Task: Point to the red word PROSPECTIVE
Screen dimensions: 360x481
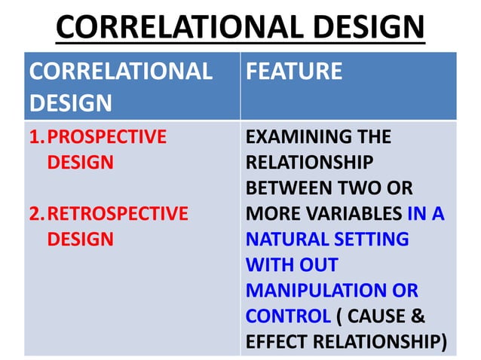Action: point(106,136)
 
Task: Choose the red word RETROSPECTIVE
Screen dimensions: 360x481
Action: point(117,213)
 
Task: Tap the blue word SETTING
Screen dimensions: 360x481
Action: point(374,239)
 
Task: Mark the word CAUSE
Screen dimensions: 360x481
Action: point(383,316)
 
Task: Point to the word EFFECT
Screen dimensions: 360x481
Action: point(276,342)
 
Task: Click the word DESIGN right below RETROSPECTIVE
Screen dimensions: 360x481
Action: point(80,239)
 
